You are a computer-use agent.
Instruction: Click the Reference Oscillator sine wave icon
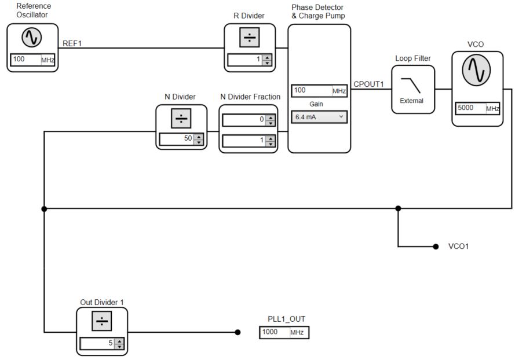click(x=32, y=38)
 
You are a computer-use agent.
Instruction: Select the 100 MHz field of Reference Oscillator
click(x=25, y=60)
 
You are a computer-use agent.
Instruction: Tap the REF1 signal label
click(x=72, y=43)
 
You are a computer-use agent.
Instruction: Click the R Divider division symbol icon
click(x=249, y=38)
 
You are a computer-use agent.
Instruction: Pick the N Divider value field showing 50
click(x=176, y=139)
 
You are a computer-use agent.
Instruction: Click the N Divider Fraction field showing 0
click(x=243, y=120)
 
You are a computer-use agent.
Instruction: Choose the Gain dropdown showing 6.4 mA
click(x=319, y=117)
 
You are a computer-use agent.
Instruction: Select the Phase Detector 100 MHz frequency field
click(x=311, y=91)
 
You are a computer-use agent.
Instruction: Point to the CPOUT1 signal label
click(x=368, y=85)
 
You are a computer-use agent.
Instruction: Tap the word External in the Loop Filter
click(x=412, y=101)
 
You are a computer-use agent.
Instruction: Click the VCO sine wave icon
click(x=476, y=70)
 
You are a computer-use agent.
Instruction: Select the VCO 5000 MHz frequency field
click(x=470, y=108)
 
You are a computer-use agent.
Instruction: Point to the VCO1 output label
click(x=458, y=247)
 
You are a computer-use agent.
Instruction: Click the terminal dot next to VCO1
click(x=436, y=247)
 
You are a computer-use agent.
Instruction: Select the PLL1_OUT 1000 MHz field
click(x=275, y=332)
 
